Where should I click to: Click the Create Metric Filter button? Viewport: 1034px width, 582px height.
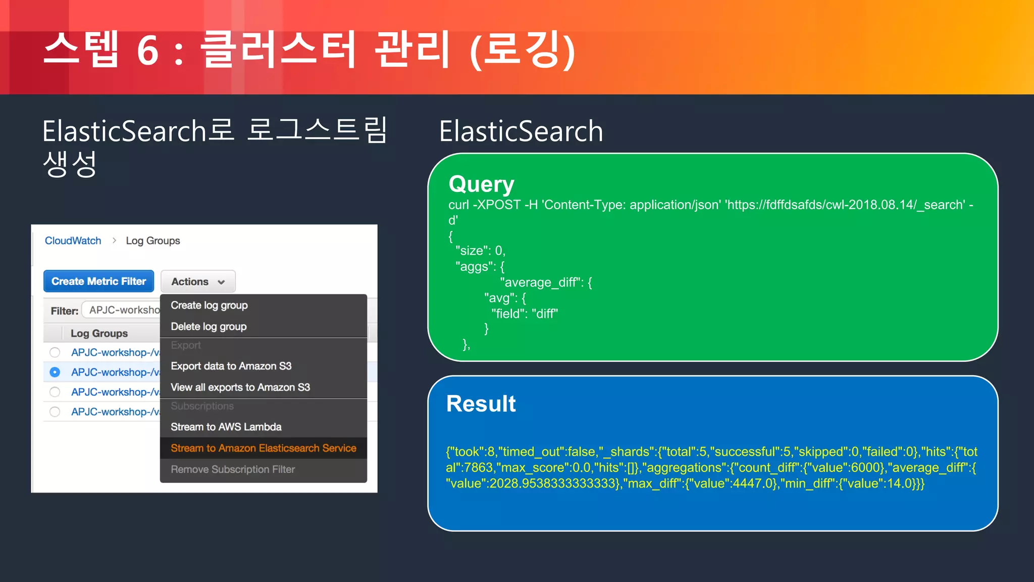click(98, 281)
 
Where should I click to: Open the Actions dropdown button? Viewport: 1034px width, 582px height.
click(198, 282)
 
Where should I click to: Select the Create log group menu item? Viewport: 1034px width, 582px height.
click(209, 305)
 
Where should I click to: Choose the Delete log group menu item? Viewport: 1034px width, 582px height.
click(209, 326)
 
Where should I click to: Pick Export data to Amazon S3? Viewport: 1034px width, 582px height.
click(231, 366)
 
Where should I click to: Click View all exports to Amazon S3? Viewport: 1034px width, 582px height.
click(240, 387)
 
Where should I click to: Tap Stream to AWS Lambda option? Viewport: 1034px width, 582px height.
click(226, 427)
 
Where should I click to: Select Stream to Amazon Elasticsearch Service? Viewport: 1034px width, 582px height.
click(263, 448)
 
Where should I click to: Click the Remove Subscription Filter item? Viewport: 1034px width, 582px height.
click(232, 469)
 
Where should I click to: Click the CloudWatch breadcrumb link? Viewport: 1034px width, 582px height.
click(73, 240)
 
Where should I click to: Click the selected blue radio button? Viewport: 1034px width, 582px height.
click(55, 372)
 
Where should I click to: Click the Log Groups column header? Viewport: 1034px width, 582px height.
click(99, 333)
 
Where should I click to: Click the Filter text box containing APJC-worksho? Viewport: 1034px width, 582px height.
click(122, 310)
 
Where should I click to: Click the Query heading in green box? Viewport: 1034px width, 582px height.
click(481, 184)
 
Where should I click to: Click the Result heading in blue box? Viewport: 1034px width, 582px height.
click(481, 404)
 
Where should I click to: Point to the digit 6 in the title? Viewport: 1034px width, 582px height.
click(147, 51)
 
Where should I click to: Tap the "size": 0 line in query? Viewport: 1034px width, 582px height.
click(480, 251)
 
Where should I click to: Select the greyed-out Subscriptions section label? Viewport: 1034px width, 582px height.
click(202, 406)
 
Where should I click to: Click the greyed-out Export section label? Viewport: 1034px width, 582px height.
click(185, 345)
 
